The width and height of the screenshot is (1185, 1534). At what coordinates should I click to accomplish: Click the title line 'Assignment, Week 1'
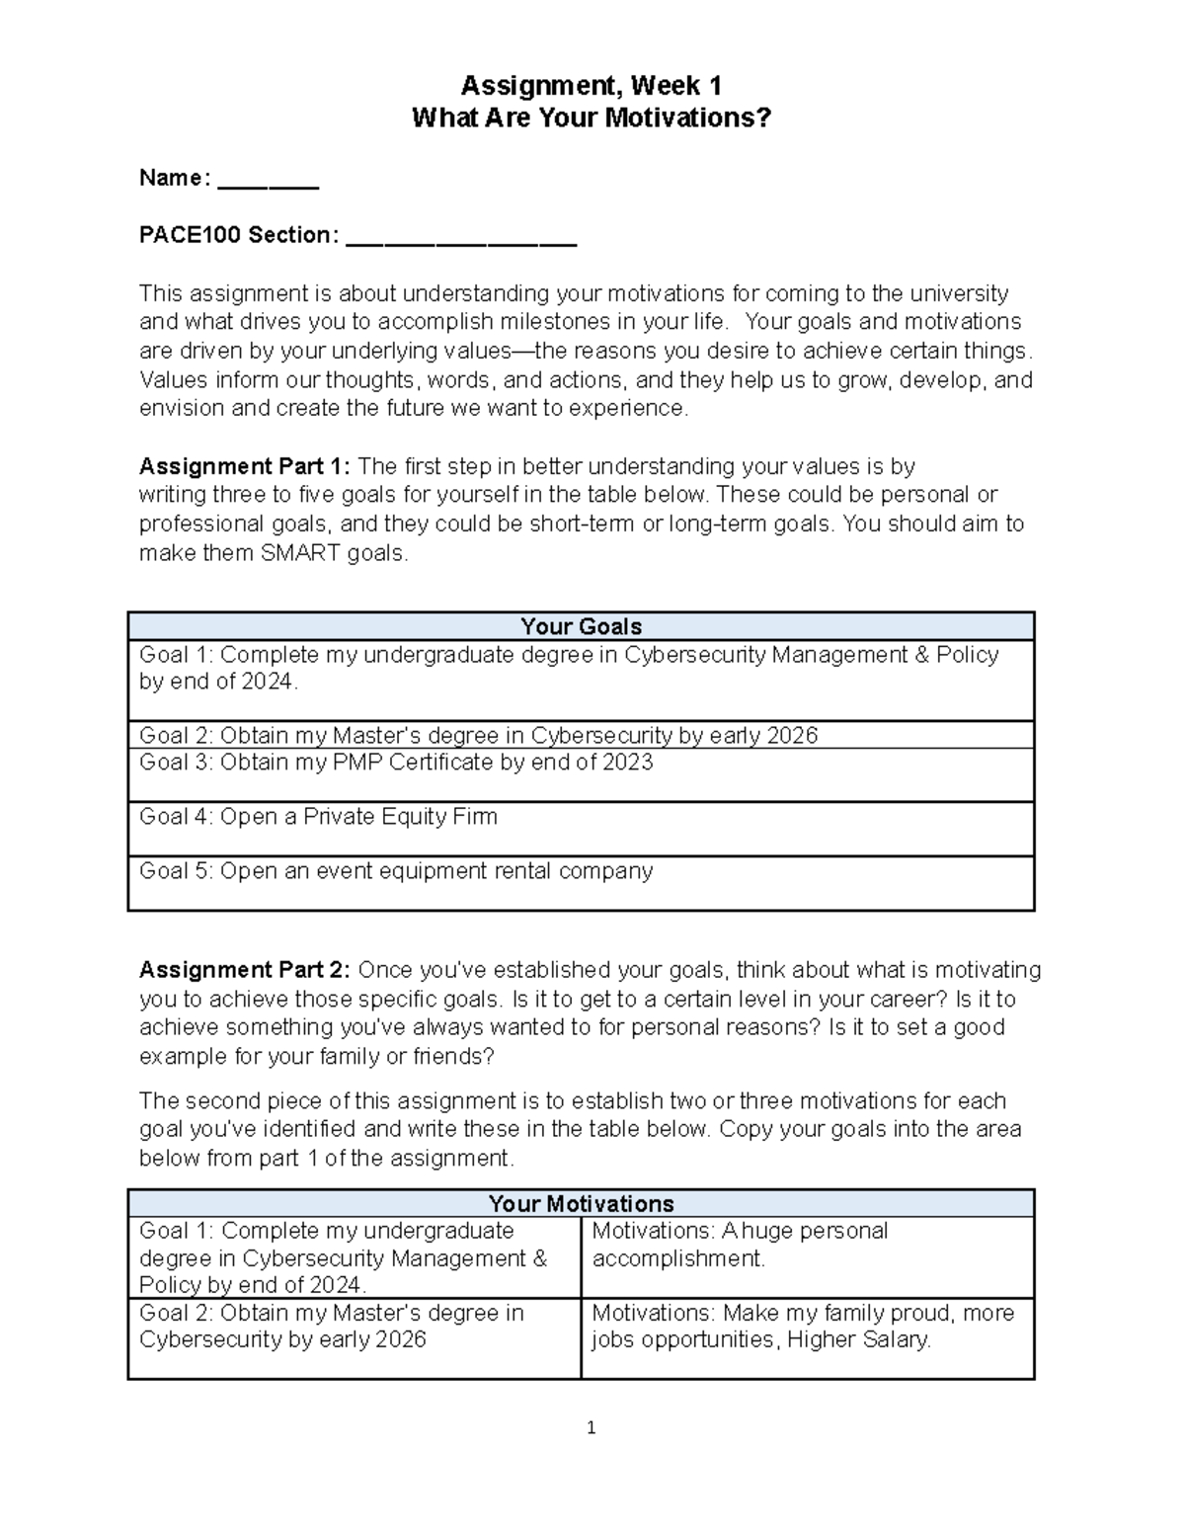point(591,86)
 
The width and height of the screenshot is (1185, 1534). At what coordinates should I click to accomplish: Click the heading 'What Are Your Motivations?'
point(591,119)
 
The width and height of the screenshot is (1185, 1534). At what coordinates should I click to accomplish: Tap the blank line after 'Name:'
point(268,181)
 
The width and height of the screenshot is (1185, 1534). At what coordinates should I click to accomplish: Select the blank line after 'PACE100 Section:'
point(461,238)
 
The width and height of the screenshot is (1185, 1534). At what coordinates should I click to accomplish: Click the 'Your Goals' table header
point(581,626)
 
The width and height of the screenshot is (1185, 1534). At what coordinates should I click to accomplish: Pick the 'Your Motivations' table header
point(581,1203)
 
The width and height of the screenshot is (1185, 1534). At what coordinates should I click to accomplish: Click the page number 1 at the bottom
point(591,1427)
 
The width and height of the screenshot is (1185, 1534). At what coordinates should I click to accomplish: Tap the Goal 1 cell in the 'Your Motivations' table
point(354,1257)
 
